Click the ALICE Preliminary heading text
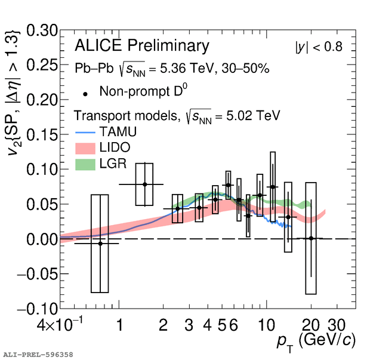coord(142,46)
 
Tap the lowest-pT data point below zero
coord(100,243)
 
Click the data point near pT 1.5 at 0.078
coord(144,184)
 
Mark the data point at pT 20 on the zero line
coord(310,238)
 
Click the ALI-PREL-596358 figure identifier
coord(38,355)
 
